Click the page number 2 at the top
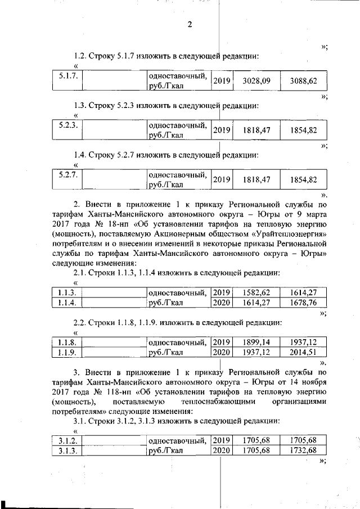click(x=190, y=24)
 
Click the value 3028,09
click(x=256, y=81)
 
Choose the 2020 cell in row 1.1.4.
click(x=222, y=302)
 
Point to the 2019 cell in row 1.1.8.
click(x=222, y=342)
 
